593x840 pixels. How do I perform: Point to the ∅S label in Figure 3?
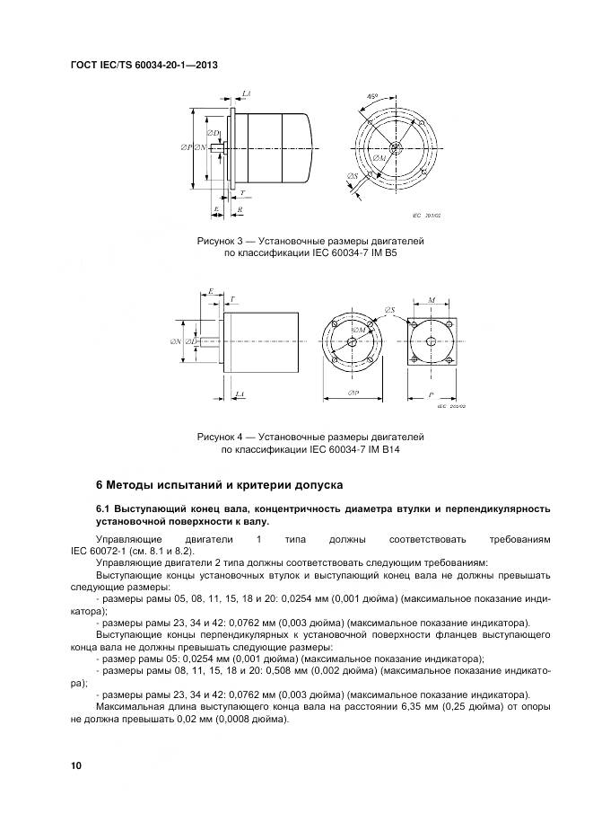click(354, 177)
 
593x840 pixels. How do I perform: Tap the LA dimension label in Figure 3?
click(246, 93)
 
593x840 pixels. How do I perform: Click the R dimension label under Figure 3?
click(241, 209)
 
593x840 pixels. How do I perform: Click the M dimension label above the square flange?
click(432, 301)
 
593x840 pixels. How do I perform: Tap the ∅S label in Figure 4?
click(391, 310)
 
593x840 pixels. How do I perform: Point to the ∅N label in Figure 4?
click(176, 340)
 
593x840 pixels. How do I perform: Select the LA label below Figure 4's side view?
click(239, 394)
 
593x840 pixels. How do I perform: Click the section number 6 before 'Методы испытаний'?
click(100, 485)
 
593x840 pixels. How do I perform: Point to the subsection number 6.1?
click(103, 509)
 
